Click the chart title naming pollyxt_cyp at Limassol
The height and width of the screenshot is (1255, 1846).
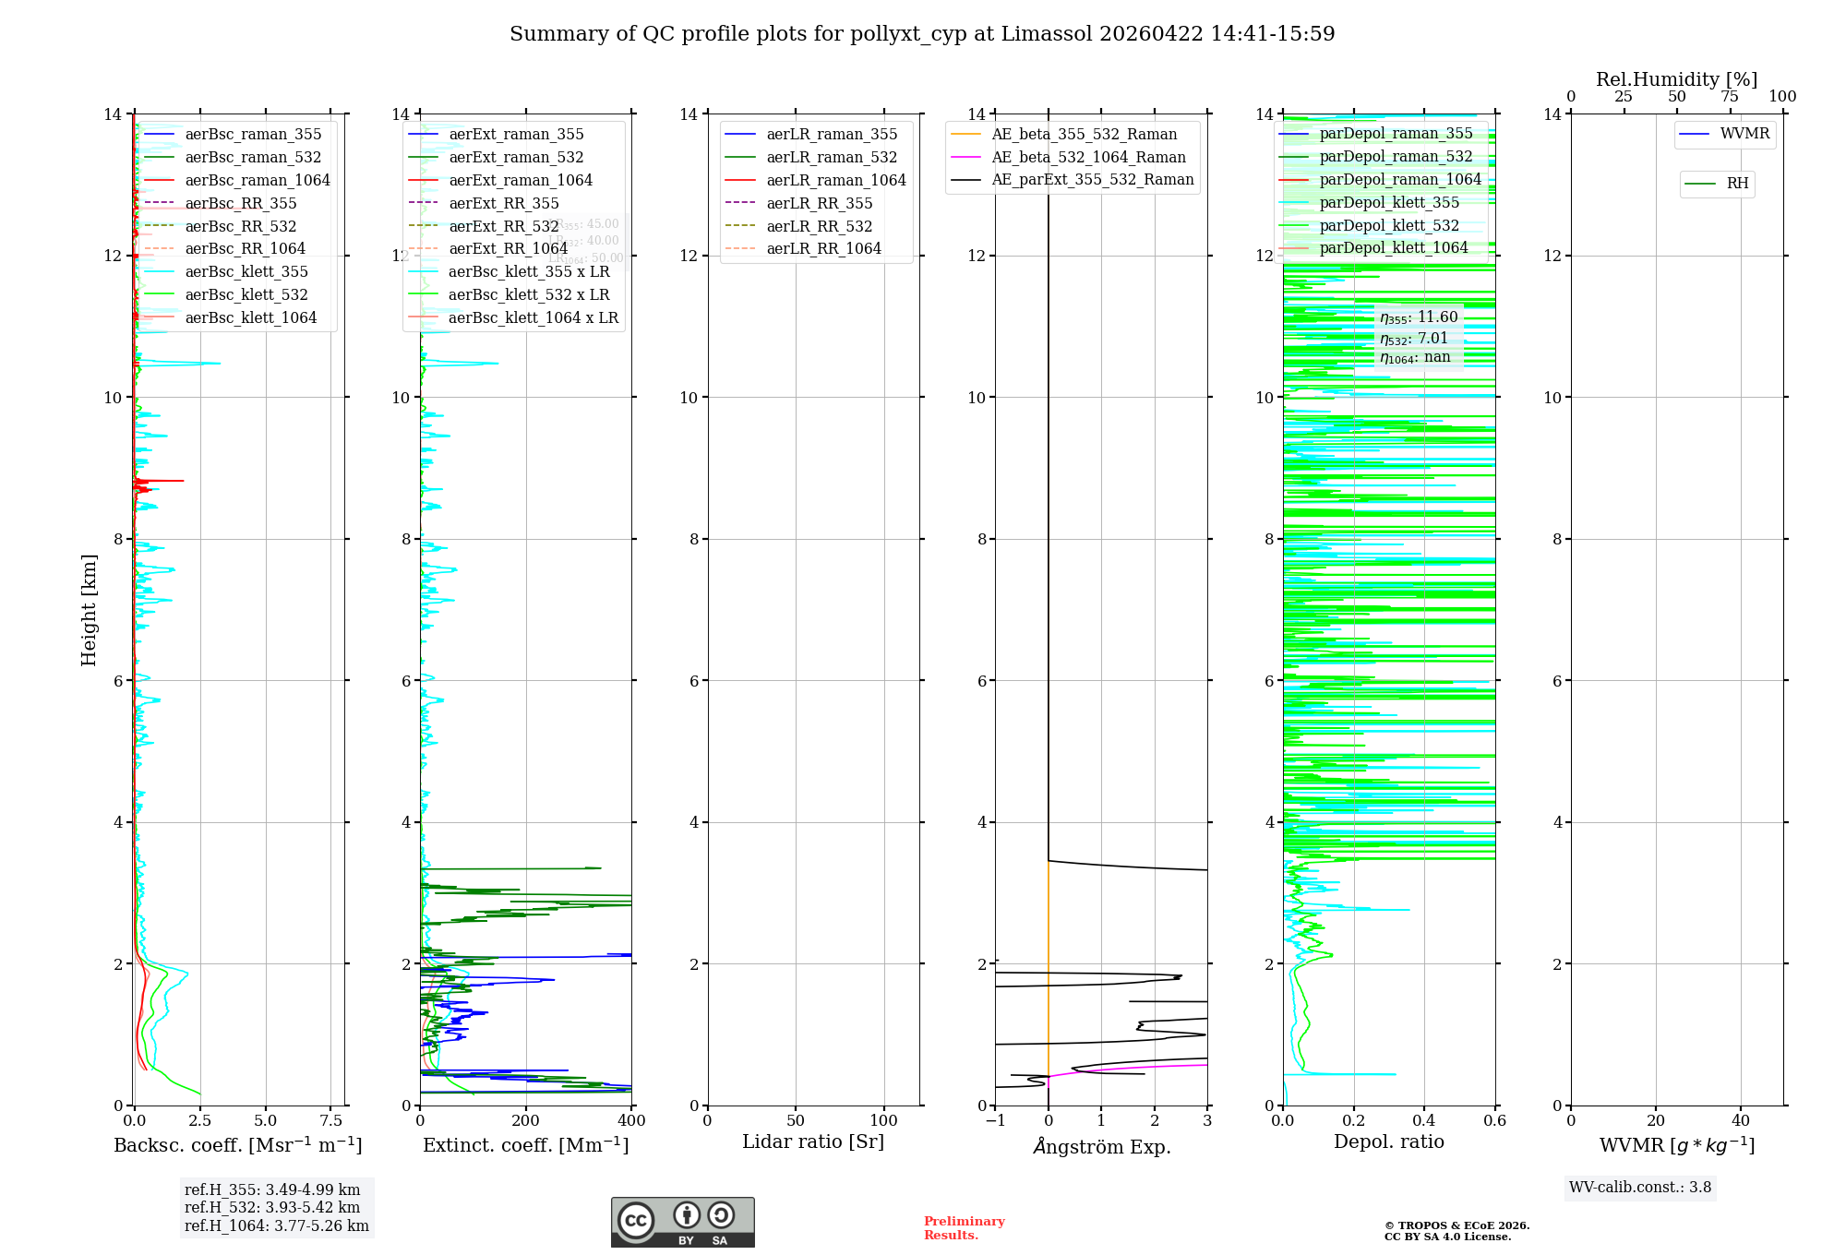point(922,34)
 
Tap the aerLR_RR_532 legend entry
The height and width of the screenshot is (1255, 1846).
point(819,226)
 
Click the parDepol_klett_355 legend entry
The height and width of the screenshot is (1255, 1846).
point(1389,202)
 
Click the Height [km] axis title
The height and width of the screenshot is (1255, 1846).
point(89,609)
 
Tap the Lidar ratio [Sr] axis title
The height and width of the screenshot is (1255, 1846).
point(813,1141)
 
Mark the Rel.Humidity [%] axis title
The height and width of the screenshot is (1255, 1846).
point(1676,79)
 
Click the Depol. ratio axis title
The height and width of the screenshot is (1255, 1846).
point(1388,1141)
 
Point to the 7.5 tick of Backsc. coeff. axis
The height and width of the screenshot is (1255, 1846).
point(330,1121)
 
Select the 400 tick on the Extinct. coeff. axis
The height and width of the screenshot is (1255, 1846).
point(631,1121)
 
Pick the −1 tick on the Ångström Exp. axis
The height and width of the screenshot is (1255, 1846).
point(995,1121)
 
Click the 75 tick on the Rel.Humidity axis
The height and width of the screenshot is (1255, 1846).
point(1730,97)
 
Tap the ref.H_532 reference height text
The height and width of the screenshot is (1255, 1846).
point(272,1207)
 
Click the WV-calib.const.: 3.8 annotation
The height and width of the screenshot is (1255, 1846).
point(1640,1188)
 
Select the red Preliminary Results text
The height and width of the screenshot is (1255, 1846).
point(964,1227)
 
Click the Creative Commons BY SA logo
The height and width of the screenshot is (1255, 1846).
point(682,1222)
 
